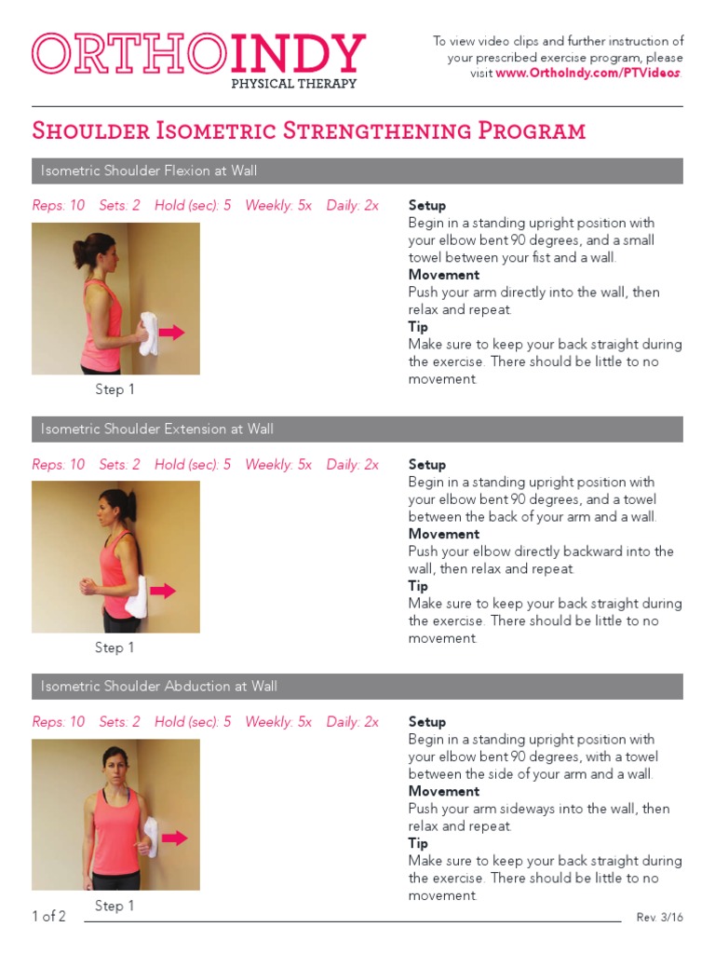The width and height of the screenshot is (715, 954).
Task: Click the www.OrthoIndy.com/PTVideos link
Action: tap(588, 74)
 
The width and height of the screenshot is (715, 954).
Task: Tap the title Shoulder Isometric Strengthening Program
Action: tap(308, 130)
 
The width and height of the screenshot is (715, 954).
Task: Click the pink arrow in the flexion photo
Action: tap(171, 332)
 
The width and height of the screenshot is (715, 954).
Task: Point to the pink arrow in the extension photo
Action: tap(163, 591)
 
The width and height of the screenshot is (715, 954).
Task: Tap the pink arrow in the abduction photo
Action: tap(174, 838)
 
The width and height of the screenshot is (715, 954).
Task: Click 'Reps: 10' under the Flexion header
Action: tap(58, 206)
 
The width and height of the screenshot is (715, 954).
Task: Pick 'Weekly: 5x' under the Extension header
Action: tap(278, 465)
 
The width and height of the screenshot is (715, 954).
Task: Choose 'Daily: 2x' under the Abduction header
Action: tap(352, 722)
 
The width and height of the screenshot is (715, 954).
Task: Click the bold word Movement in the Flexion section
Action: tap(444, 275)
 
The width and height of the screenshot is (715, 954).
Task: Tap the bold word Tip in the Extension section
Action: tap(418, 586)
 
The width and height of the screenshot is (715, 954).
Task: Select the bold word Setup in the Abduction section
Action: tap(427, 722)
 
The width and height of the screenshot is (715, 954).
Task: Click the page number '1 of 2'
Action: tap(48, 917)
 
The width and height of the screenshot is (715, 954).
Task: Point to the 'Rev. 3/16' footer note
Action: tap(659, 918)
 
